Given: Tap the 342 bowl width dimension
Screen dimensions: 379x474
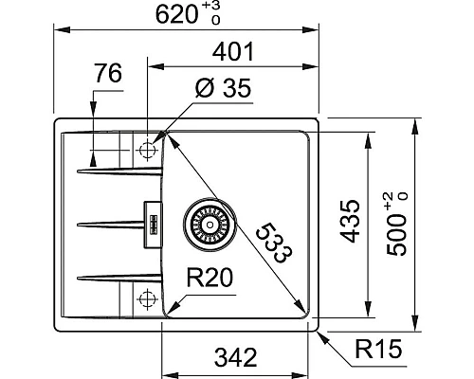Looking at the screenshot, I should pyautogui.click(x=234, y=358).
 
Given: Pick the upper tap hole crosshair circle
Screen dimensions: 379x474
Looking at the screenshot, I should pyautogui.click(x=146, y=150).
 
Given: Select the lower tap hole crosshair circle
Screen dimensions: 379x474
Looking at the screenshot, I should pyautogui.click(x=146, y=298).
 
